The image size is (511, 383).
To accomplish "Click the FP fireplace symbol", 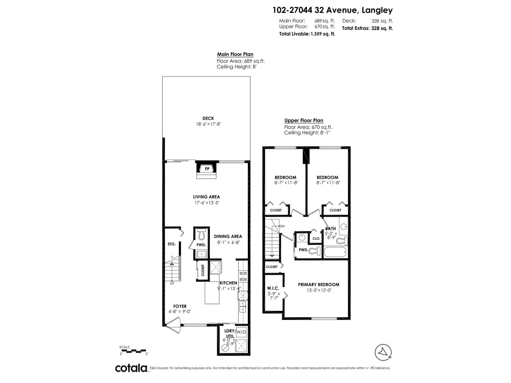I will (207, 169).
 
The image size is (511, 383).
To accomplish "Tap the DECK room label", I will (208, 118).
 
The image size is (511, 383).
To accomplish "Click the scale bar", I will (133, 351).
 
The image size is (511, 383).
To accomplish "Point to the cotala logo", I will (131, 368).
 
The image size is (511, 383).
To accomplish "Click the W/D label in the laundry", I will (241, 332).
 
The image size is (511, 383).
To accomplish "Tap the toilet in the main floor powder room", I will (201, 235).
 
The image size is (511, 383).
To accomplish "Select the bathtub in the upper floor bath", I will (335, 252).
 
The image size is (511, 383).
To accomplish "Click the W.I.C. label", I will (273, 288).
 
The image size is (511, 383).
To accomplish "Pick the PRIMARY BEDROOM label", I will (318, 284).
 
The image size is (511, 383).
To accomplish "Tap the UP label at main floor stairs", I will (172, 283).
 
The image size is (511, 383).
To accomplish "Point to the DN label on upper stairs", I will (282, 226).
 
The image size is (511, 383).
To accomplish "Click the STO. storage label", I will (172, 244).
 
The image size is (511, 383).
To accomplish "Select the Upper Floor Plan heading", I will (304, 120).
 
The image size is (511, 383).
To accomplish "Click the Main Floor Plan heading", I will (235, 54).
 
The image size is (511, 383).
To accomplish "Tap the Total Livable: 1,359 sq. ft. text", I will (307, 34).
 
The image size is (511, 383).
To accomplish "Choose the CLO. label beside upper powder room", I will (316, 238).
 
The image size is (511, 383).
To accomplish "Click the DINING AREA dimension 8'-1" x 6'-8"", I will (228, 242).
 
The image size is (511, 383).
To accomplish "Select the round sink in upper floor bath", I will (344, 227).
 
